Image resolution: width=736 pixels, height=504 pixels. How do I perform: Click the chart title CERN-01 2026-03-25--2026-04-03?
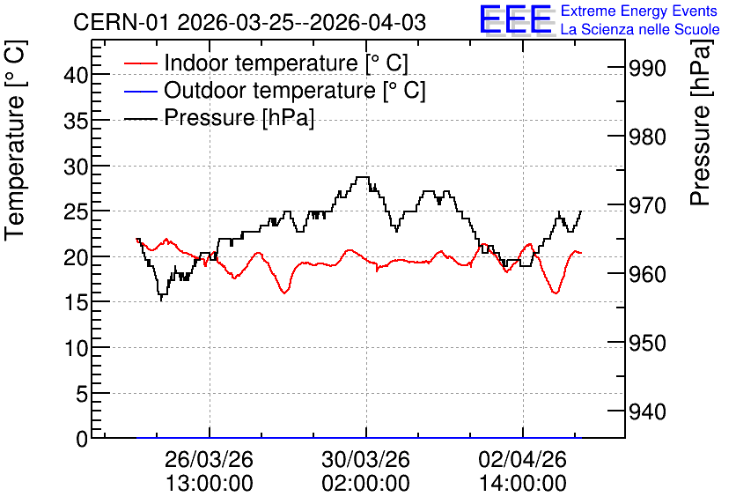pos(249,22)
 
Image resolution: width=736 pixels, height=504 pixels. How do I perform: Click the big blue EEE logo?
pos(516,19)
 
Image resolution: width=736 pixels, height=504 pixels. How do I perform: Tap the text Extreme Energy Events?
pos(639,11)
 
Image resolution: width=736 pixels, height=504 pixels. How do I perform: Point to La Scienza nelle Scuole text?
pos(640,30)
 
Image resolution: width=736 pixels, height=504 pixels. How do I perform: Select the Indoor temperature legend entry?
pos(266,63)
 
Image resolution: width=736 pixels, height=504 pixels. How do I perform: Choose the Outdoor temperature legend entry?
pos(275,90)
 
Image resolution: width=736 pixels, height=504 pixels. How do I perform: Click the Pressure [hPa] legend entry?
pos(219,117)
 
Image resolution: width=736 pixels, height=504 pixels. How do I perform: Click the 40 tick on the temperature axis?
pos(76,75)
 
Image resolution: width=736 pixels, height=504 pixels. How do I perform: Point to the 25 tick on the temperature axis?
pos(76,211)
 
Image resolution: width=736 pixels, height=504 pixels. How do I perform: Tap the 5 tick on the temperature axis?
pos(82,394)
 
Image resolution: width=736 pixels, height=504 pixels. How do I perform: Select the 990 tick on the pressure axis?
pos(647,69)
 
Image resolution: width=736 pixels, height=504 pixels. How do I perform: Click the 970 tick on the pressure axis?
pos(647,205)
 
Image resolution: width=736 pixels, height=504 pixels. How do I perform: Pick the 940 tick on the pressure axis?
pos(647,411)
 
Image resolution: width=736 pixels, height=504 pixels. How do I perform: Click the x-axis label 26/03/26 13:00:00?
pos(210,471)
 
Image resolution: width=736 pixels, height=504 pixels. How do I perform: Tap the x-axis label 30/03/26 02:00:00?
pos(365,471)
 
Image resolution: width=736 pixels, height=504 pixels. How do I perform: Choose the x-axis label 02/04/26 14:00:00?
pos(522,471)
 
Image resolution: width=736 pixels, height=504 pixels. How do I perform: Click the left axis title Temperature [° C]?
pos(15,140)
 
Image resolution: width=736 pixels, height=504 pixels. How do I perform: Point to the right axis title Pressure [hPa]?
pos(701,122)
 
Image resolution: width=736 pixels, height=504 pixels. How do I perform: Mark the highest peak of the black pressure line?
pos(363,177)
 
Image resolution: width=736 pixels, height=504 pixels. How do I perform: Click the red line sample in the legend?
pos(140,63)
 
